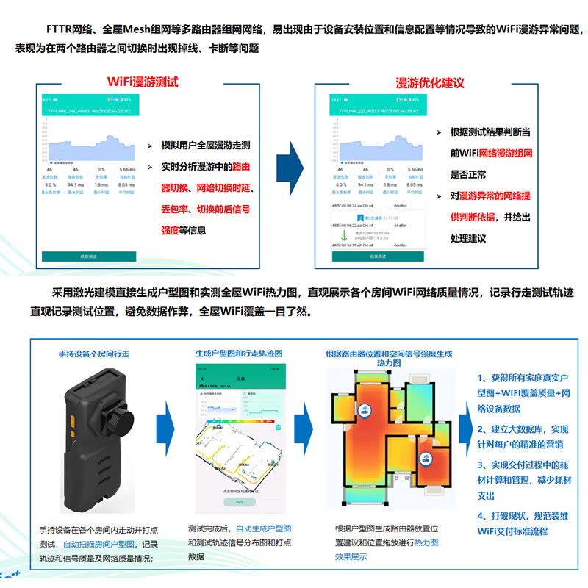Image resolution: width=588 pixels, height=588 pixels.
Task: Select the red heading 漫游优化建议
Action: [429, 82]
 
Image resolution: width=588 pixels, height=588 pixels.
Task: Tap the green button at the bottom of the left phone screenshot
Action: [88, 257]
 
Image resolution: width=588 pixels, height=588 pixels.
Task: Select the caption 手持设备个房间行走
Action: [93, 354]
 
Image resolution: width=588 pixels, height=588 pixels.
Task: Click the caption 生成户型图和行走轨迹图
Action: [238, 354]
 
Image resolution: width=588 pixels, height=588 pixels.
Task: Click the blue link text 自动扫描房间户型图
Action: [99, 544]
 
